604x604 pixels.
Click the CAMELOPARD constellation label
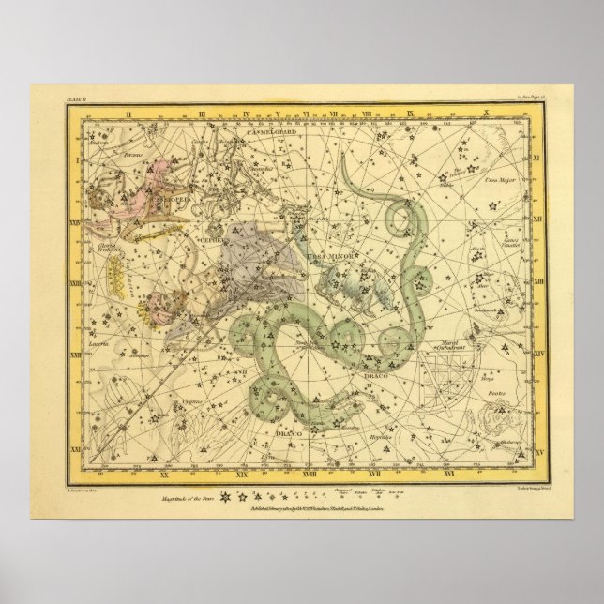272,133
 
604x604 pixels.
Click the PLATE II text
77,96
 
